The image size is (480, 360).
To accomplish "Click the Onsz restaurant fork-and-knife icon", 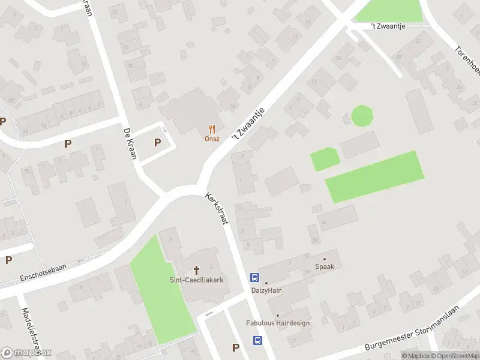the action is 211,128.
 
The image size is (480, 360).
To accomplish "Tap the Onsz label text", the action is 211,139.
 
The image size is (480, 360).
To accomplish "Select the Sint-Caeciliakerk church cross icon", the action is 196,270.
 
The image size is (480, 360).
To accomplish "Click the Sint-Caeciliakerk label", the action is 196,280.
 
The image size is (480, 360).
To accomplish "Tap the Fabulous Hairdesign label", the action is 278,323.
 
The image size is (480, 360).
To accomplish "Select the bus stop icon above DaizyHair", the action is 255,278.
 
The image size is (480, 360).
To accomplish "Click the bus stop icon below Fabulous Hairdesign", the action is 257,341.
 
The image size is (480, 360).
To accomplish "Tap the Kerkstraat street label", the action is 218,209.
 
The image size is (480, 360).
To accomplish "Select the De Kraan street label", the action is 129,143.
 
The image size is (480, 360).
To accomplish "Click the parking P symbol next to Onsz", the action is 158,143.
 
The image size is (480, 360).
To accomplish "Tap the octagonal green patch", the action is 361,115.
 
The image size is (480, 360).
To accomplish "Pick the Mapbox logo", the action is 26,352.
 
